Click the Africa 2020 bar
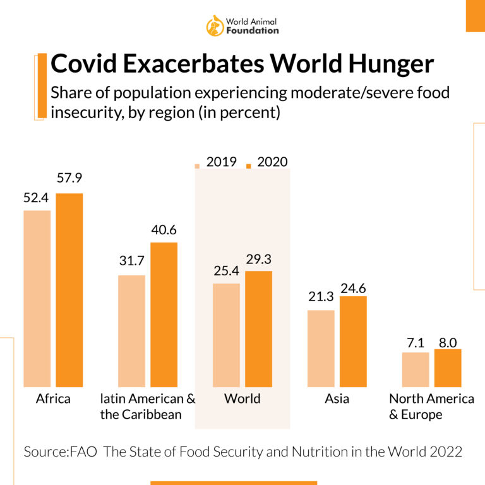point(69,290)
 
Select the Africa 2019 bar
point(37,298)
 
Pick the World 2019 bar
point(226,335)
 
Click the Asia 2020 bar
point(353,341)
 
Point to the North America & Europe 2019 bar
point(416,369)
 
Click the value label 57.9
point(69,179)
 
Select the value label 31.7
point(132,261)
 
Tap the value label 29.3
point(258,258)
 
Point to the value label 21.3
point(321,296)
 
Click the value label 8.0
point(448,342)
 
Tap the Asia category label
point(337,399)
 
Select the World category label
point(242,399)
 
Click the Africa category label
point(53,399)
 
